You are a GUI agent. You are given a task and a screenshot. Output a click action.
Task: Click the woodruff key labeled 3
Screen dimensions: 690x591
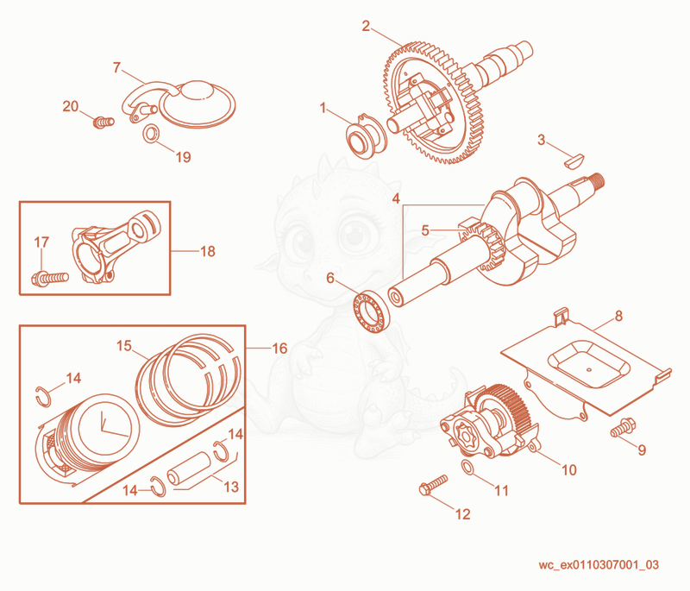pos(574,160)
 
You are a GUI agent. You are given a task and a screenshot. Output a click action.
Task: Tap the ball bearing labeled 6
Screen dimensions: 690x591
pos(372,311)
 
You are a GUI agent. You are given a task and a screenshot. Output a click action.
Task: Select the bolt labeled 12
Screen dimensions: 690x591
pos(433,485)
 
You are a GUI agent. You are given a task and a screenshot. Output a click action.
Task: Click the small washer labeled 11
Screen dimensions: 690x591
pos(468,468)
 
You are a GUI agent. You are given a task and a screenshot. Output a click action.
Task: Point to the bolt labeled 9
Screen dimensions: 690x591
pos(622,427)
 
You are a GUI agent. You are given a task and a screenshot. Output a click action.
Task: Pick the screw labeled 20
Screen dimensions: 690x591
pos(103,121)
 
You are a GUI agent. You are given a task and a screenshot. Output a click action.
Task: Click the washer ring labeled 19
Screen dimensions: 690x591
pos(151,134)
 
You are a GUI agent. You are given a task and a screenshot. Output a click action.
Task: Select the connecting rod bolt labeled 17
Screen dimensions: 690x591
pos(50,278)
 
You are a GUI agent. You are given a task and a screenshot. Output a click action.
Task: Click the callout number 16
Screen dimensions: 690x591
pos(279,349)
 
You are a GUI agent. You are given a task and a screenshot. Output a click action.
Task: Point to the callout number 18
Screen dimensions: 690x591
pos(208,251)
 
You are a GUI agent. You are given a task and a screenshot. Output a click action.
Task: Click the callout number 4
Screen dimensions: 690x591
pos(396,198)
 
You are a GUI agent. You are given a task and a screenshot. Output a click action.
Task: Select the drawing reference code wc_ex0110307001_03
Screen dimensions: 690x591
pos(599,564)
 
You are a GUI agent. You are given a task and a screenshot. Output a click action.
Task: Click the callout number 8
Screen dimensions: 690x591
pos(618,316)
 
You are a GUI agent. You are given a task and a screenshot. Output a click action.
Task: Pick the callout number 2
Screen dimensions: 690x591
pos(366,27)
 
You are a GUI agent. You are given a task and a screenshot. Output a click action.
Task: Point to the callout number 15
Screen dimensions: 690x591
pos(124,346)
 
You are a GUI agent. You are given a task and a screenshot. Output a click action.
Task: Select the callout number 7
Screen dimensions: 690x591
pos(116,68)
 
